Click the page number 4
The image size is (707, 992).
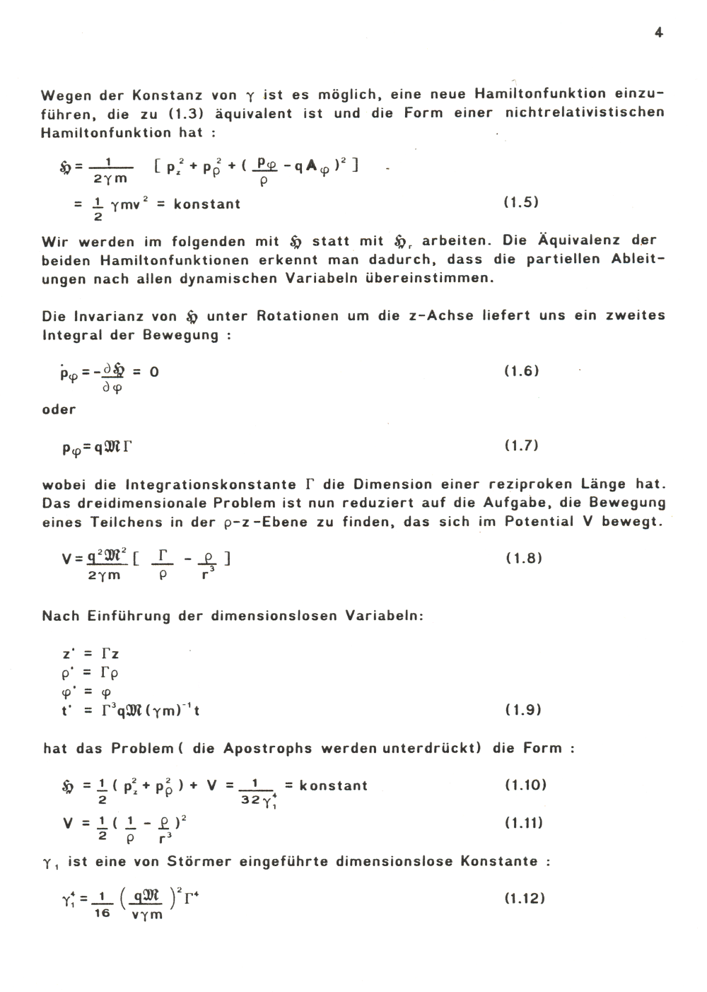click(x=658, y=33)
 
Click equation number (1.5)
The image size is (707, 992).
click(x=521, y=203)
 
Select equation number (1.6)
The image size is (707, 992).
click(x=521, y=371)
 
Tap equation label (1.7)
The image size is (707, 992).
click(x=521, y=445)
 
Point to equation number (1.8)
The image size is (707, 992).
click(x=524, y=558)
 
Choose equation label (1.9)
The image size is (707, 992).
click(x=523, y=710)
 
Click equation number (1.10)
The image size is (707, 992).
click(x=526, y=785)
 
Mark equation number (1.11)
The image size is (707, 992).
click(x=524, y=823)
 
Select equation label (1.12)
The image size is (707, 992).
click(x=524, y=899)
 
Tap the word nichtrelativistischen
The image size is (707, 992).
click(x=585, y=113)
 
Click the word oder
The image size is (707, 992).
click(x=59, y=409)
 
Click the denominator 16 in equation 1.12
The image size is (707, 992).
click(x=103, y=914)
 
